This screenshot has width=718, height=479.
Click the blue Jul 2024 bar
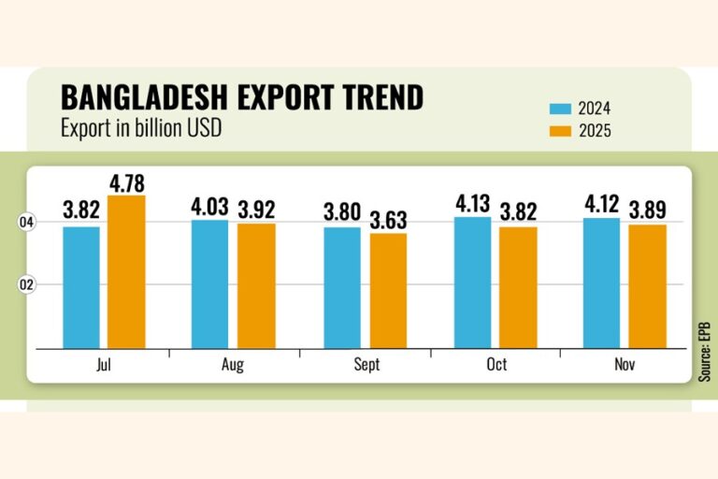tap(81, 286)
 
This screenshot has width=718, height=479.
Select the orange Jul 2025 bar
tap(125, 271)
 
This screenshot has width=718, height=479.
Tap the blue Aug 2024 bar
tap(209, 283)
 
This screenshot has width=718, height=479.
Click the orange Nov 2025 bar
tap(647, 285)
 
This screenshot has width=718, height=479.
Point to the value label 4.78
tap(126, 181)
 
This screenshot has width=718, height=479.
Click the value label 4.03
tap(210, 206)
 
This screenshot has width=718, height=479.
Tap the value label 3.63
tap(387, 219)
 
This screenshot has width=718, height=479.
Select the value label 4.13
tap(471, 203)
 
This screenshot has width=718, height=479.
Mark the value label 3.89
tap(647, 210)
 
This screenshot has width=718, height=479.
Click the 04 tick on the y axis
tap(26, 223)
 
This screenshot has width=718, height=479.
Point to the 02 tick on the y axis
tap(26, 284)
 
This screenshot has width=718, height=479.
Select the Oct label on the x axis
tap(496, 365)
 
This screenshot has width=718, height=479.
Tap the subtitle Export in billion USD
tap(141, 128)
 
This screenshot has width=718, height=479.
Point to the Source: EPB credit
tap(704, 346)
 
